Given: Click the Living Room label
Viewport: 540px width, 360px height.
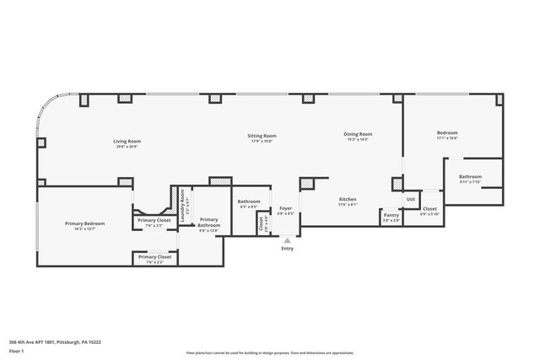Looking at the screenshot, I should click(x=127, y=141).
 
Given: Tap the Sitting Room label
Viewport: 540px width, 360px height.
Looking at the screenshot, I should click(x=262, y=136).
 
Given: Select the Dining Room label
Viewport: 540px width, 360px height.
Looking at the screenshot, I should click(x=359, y=134).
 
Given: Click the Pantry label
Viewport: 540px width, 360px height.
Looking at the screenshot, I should click(x=391, y=215).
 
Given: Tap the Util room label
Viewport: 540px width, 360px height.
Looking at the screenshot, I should click(x=411, y=199).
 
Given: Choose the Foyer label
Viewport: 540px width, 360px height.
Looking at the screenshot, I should click(x=286, y=207).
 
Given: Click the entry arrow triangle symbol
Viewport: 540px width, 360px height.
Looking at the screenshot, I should click(x=288, y=240).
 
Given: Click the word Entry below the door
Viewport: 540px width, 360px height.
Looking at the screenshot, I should click(x=288, y=249).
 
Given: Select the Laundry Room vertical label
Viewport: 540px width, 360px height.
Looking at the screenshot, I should click(x=183, y=207).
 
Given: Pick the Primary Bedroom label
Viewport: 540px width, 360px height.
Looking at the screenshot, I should click(x=85, y=223).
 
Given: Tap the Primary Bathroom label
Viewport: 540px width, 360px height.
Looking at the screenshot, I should click(x=208, y=223).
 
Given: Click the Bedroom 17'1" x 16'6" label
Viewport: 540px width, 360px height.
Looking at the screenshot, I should click(x=447, y=133).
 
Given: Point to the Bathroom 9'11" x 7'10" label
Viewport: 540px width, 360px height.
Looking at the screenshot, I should click(x=470, y=176).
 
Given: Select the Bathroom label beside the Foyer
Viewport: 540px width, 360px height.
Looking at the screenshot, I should click(x=249, y=201).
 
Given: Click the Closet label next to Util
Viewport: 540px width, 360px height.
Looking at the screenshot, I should click(x=429, y=208).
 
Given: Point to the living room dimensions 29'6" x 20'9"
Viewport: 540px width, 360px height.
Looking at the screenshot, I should click(x=127, y=147).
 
